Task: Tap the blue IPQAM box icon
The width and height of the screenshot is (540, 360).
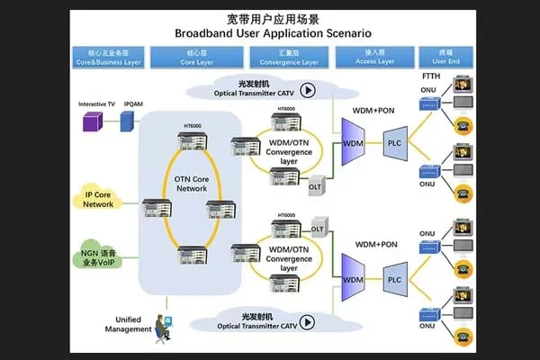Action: (127, 121)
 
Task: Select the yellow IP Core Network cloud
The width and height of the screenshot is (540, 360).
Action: (98, 200)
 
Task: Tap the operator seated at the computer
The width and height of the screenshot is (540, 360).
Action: (163, 326)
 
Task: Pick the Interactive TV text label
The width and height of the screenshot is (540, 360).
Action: (95, 104)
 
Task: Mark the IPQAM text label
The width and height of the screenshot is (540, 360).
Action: (132, 104)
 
